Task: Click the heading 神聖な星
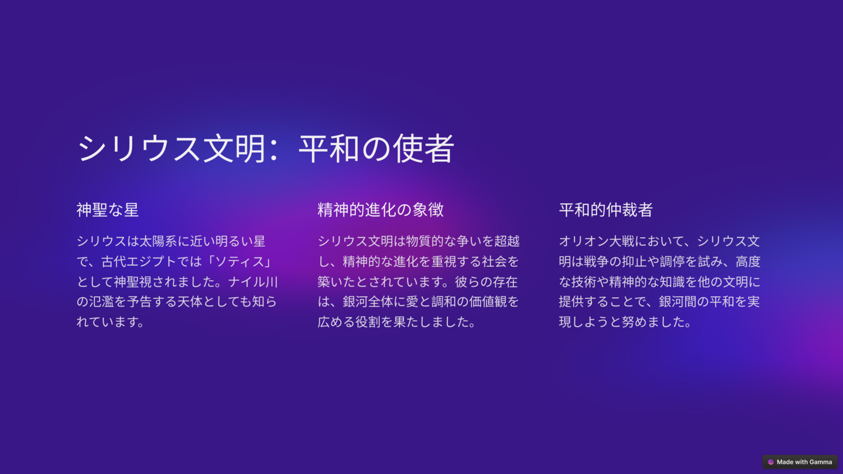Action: click(108, 210)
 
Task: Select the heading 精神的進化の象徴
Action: click(381, 210)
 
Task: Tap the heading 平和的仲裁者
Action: click(605, 210)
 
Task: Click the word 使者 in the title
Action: click(423, 149)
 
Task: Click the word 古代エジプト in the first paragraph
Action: click(139, 262)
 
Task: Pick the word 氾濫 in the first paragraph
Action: click(101, 302)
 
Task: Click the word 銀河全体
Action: click(368, 302)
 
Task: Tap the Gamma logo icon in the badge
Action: click(771, 462)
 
